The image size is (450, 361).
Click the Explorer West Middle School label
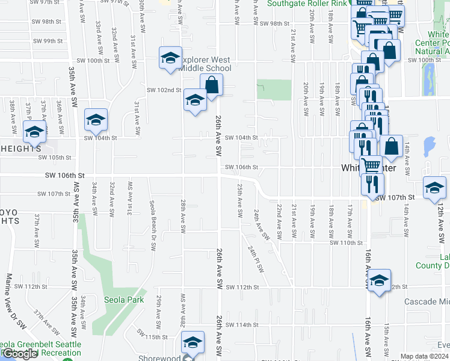205,64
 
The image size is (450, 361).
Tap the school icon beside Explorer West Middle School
170,58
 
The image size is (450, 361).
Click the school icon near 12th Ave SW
434,188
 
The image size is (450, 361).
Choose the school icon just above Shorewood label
193,343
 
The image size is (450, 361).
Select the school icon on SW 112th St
379,280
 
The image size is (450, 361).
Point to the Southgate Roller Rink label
307,4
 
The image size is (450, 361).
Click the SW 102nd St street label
164,90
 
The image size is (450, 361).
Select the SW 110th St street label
347,243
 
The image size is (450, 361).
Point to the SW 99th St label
48,41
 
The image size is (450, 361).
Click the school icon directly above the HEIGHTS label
34,131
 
